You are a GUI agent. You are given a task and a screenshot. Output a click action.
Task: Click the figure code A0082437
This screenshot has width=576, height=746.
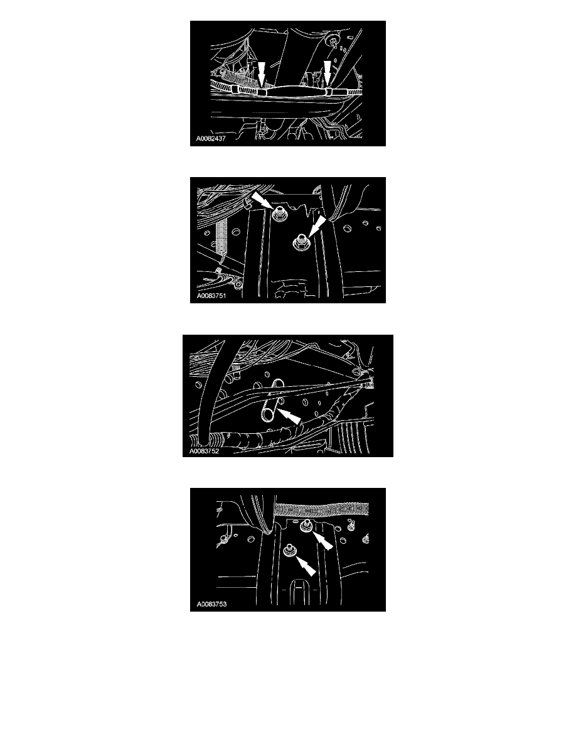[x=211, y=138]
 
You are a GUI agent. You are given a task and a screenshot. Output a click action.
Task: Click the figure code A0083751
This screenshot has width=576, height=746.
[x=211, y=296]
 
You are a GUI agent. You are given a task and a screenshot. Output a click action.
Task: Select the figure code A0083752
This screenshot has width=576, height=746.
[x=205, y=451]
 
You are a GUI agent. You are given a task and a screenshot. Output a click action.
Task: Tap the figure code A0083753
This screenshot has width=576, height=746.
[x=211, y=604]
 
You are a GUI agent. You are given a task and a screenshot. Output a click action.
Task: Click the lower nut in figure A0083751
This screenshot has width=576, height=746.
[x=301, y=242]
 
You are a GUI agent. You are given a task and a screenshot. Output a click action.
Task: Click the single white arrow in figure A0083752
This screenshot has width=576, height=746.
[x=289, y=416]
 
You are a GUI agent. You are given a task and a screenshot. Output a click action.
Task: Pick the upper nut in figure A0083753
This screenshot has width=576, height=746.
[x=305, y=525]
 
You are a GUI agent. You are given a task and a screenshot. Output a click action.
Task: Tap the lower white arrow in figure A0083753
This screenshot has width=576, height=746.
[x=306, y=565]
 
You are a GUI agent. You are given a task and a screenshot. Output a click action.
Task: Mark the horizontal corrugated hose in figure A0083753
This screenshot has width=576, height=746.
[x=322, y=510]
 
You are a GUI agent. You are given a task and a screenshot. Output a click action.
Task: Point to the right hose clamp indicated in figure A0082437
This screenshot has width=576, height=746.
[x=328, y=91]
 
